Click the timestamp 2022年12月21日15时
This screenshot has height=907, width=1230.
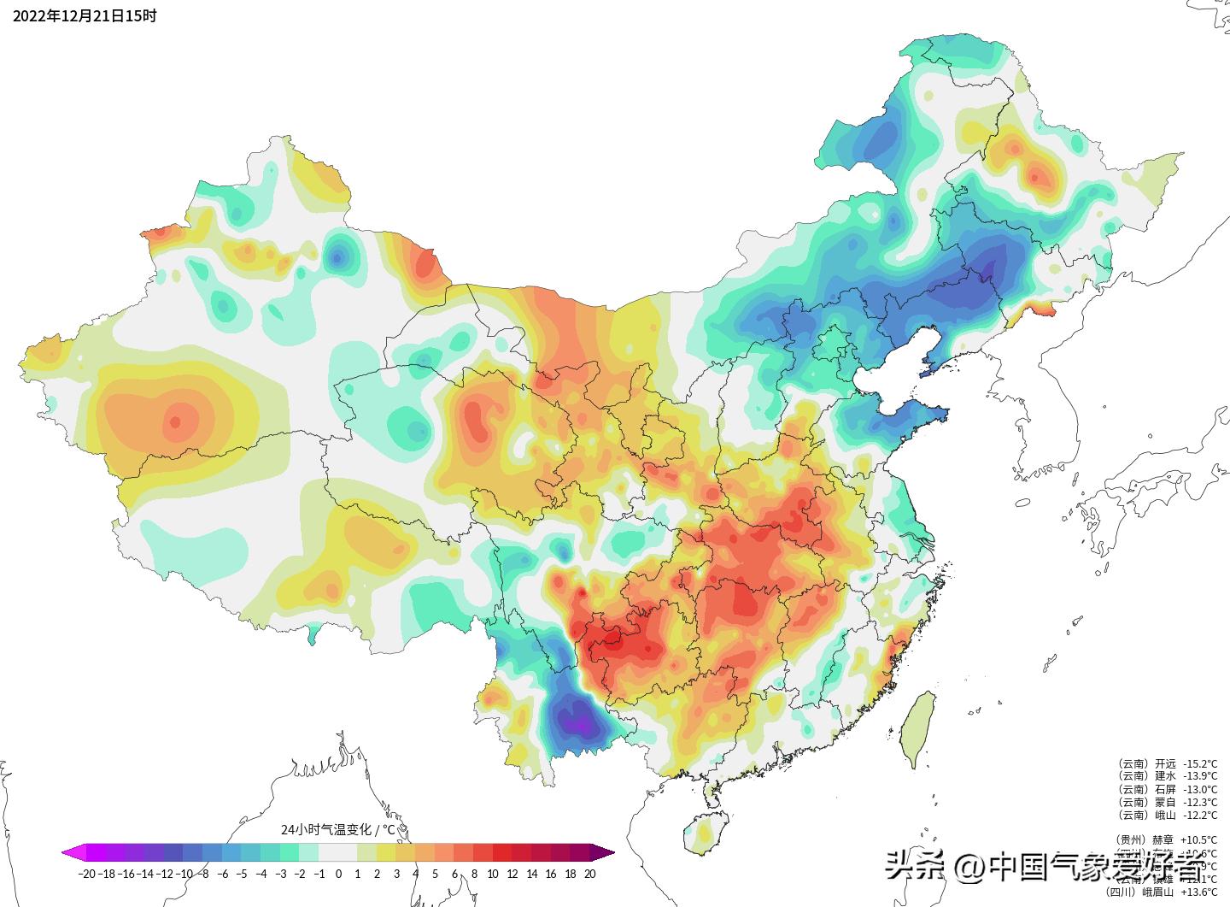click(85, 16)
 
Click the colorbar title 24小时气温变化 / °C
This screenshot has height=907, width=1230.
click(338, 829)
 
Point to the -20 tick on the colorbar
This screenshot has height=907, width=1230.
click(86, 874)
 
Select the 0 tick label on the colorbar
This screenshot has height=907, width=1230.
click(338, 874)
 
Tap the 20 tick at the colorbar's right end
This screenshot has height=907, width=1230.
click(589, 874)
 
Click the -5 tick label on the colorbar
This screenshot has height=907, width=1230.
click(242, 874)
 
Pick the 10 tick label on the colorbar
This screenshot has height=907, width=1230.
click(493, 874)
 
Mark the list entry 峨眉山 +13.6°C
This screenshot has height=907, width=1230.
click(1167, 892)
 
